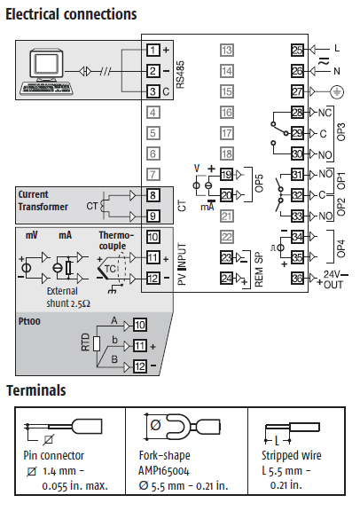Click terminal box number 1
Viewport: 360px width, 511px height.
[x=153, y=51]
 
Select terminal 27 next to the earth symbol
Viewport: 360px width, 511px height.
[x=297, y=91]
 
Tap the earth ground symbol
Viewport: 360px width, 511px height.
[x=337, y=92]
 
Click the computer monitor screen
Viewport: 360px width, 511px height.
[x=47, y=64]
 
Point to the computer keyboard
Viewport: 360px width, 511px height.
[x=45, y=89]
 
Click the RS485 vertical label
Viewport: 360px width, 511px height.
[x=180, y=75]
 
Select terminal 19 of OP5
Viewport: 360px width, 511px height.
[x=226, y=175]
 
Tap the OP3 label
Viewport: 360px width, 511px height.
[x=340, y=131]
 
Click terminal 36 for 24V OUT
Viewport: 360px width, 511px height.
[x=297, y=279]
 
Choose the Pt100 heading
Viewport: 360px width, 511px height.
[x=29, y=321]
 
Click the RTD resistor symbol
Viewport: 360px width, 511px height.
[x=97, y=344]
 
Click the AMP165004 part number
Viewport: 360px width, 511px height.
[x=164, y=470]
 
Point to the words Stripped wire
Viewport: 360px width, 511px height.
[x=291, y=456]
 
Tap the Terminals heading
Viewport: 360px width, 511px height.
[x=36, y=390]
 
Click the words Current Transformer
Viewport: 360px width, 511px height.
[x=43, y=200]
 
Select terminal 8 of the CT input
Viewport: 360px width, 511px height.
[x=153, y=195]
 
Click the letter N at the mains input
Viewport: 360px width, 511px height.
[x=337, y=71]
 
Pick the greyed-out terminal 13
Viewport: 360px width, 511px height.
[x=226, y=51]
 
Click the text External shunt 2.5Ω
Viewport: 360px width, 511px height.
[x=68, y=297]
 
